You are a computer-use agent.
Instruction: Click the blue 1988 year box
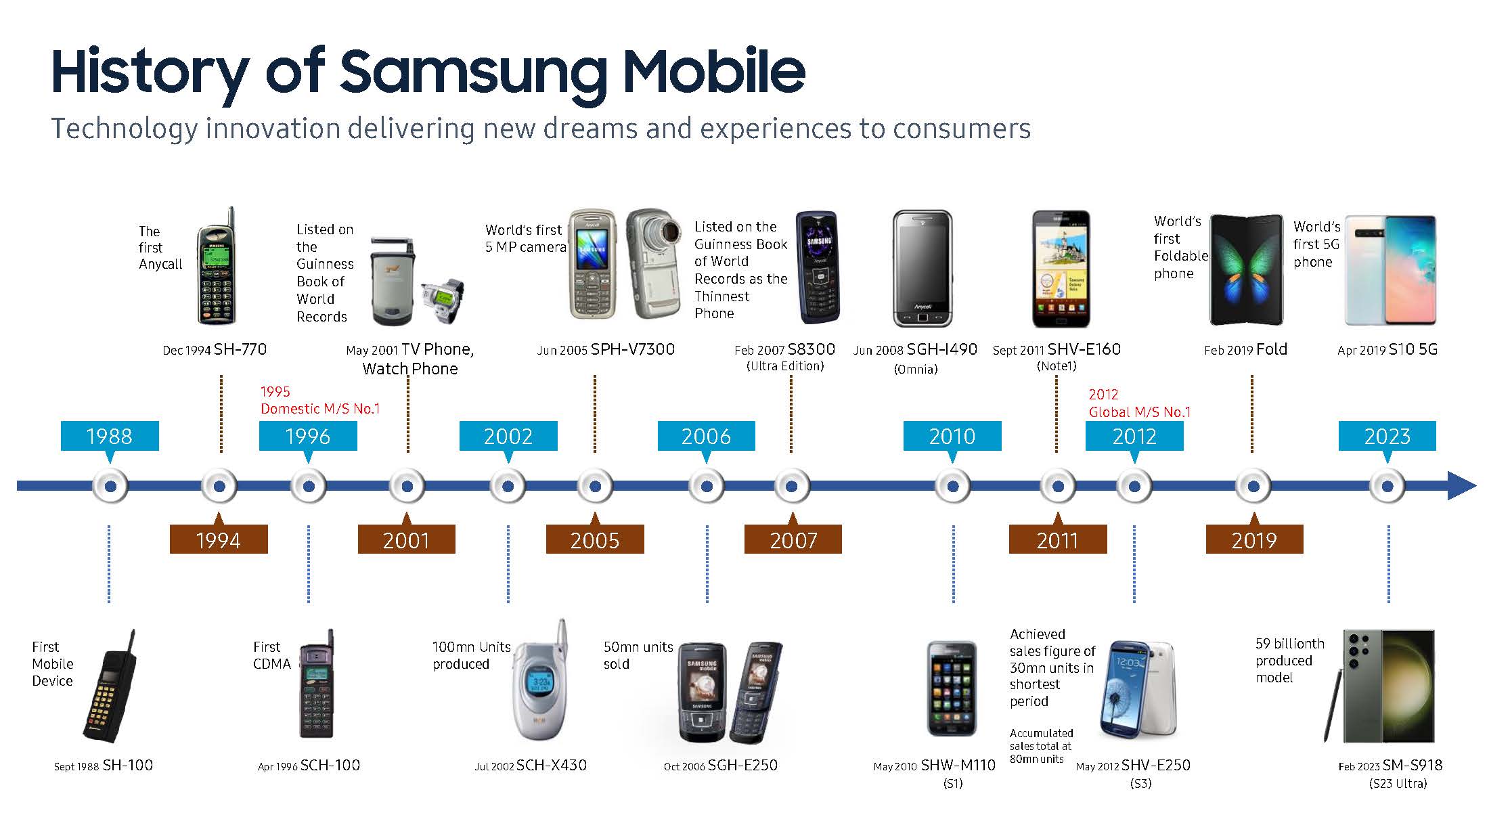(110, 436)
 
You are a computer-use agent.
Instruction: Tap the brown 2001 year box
(406, 540)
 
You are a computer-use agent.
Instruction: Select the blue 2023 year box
(1387, 436)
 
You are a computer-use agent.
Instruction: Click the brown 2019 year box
(1254, 540)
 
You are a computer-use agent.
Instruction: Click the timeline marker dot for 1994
(219, 486)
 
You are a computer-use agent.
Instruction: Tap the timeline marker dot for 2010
(952, 486)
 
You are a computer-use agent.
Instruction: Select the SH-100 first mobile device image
(112, 687)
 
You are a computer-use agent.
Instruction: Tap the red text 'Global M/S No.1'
(1140, 412)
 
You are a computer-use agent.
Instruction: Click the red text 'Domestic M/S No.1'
(320, 409)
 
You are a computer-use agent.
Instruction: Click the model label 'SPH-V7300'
(632, 349)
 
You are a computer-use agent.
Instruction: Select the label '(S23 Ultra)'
(1398, 784)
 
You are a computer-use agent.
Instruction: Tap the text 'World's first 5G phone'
(1316, 244)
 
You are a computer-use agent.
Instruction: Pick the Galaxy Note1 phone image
(1061, 269)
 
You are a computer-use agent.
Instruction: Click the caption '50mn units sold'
(638, 655)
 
